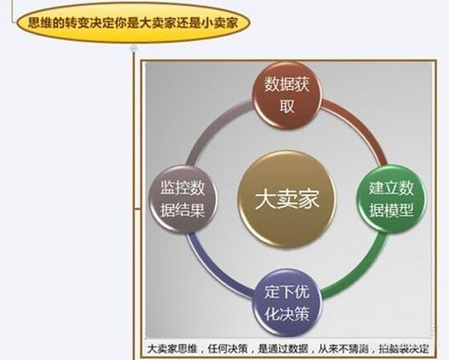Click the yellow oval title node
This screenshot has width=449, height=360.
coord(133,23)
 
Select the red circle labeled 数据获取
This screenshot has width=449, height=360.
coord(287,96)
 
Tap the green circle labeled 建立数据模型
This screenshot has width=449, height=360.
coord(391,199)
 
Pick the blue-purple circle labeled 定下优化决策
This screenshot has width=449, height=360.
coord(287,303)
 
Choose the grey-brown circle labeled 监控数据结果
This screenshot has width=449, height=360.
coord(183,199)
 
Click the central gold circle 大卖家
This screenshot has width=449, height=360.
coord(287,199)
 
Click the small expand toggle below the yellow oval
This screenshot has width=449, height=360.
coord(133,49)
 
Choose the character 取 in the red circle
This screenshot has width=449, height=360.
coord(287,106)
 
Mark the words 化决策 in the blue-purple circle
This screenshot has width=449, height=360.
coord(287,314)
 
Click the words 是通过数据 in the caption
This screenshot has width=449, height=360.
coord(283,349)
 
